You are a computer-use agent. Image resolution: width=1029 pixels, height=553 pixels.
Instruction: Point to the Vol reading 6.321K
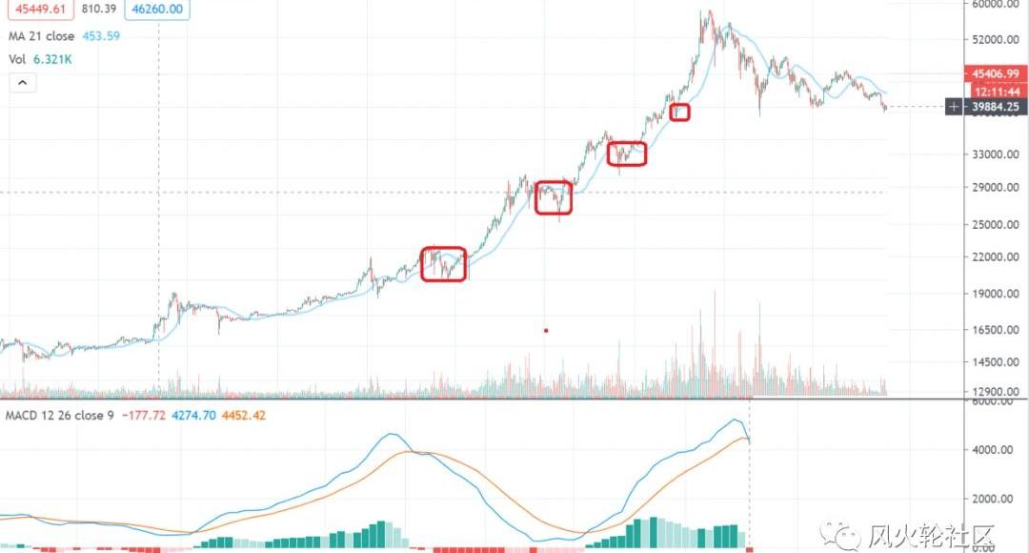[52, 59]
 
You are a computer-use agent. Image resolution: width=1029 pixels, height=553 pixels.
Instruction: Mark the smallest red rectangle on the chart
[679, 112]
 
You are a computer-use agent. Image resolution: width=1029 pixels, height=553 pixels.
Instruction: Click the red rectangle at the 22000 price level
[444, 263]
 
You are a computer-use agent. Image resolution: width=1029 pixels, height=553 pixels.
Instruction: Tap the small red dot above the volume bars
[546, 331]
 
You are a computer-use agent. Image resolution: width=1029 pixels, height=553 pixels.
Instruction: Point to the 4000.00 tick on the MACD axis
[993, 450]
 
